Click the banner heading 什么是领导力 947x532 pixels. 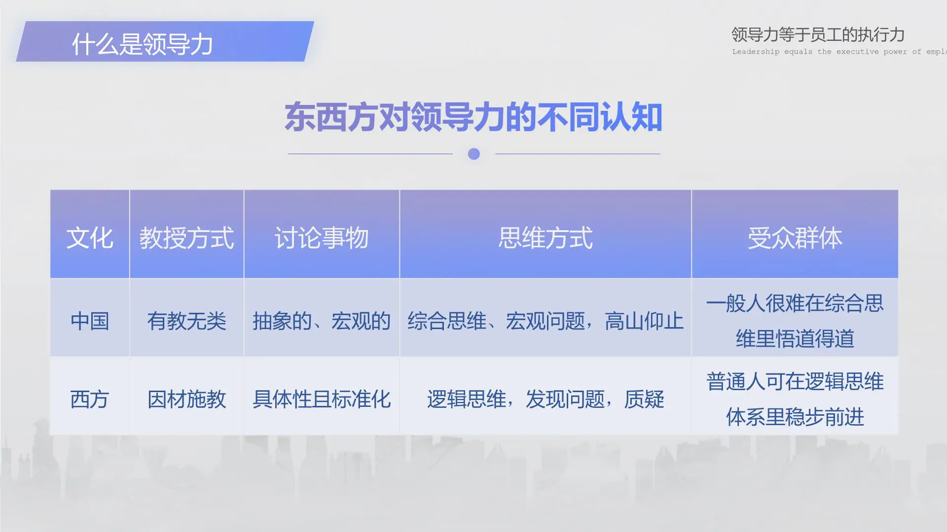[x=142, y=44]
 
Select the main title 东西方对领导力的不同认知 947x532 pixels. [x=473, y=117]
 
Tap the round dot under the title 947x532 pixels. [x=473, y=154]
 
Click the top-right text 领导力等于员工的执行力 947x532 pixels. [x=817, y=34]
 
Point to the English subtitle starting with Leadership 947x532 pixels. [x=838, y=52]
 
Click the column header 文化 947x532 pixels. [x=90, y=238]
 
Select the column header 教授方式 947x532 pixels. [x=186, y=238]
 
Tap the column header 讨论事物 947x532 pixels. [x=322, y=238]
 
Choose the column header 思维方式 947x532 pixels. [x=545, y=238]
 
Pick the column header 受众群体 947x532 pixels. [x=795, y=238]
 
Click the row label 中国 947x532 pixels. [x=90, y=321]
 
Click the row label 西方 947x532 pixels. [x=90, y=399]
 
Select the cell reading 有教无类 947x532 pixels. [x=186, y=321]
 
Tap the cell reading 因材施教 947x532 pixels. [x=186, y=399]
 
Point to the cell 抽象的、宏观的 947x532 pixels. [x=322, y=321]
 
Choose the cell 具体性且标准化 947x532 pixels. [x=322, y=399]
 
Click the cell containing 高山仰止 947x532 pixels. [x=545, y=321]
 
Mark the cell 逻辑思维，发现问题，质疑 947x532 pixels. [x=545, y=399]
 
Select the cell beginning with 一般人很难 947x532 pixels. [x=795, y=321]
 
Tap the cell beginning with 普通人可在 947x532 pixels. [x=795, y=399]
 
